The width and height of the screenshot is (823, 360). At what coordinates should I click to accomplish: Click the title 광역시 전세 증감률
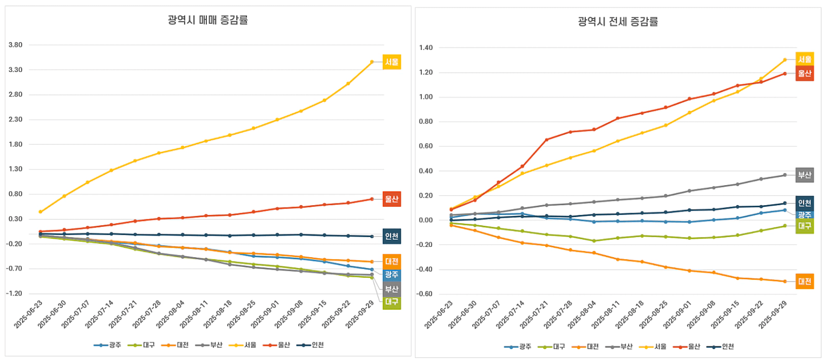[617, 22]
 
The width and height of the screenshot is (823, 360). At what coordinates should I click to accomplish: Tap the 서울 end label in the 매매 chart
[391, 62]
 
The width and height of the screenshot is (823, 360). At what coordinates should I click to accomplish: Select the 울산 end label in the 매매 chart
[391, 199]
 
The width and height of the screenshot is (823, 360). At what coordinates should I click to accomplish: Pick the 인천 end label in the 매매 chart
[391, 236]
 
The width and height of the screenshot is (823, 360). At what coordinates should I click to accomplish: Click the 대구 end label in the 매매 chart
[391, 302]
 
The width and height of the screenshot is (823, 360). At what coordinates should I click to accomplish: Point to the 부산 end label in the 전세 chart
[804, 175]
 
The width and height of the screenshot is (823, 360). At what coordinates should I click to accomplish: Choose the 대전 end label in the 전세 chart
[804, 282]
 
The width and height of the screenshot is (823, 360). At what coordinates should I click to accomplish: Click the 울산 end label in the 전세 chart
[804, 73]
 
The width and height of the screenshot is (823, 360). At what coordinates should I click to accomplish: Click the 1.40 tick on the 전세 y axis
[426, 48]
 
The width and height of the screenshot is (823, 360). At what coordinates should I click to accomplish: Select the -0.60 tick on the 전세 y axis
[426, 294]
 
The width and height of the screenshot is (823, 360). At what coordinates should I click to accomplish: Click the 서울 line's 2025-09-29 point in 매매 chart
[371, 62]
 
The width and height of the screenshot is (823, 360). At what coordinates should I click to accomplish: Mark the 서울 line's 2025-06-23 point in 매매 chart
[40, 212]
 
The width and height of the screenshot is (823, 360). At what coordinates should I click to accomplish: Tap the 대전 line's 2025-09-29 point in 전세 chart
[785, 282]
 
